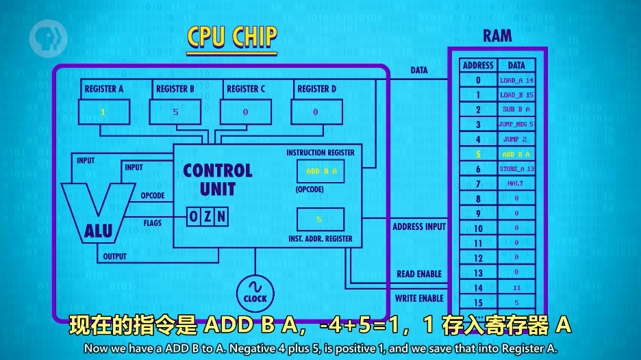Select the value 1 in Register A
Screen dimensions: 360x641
point(103,112)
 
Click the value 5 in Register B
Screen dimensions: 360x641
point(175,112)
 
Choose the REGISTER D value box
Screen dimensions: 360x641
point(316,112)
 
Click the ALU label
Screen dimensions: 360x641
point(98,231)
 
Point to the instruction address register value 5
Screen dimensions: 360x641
point(319,220)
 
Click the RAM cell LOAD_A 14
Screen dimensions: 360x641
point(516,81)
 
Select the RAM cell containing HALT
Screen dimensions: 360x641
point(516,183)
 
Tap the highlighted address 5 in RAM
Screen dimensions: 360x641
point(478,154)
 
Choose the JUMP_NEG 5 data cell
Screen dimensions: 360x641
point(516,125)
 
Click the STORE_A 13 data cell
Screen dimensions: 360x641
point(516,169)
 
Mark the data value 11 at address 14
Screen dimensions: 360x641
point(516,288)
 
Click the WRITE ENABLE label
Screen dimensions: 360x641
point(419,298)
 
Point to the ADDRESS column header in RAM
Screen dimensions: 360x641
point(478,66)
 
